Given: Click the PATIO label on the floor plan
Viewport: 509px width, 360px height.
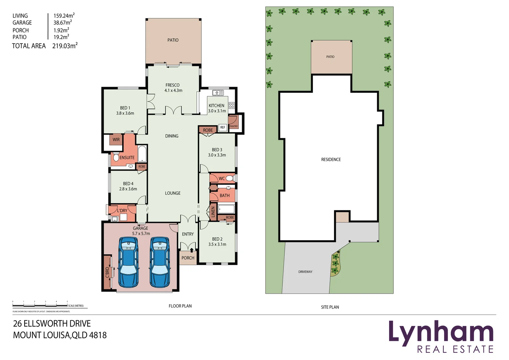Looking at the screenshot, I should click(x=173, y=40).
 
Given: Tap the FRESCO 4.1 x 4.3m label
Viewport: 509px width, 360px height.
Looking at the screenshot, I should click(x=173, y=88).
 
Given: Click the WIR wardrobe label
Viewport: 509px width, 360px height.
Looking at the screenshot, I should click(x=116, y=140).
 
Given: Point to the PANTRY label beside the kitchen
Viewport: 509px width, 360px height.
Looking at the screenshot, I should click(x=234, y=126).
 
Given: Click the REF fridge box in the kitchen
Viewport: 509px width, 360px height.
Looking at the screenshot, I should click(x=223, y=127).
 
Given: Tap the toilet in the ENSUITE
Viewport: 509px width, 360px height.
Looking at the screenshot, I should click(x=116, y=157).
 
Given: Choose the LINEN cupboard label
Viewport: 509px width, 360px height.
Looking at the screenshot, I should click(x=213, y=212).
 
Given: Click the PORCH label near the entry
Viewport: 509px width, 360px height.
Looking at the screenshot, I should click(x=188, y=258).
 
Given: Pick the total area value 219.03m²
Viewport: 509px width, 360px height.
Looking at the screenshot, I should click(x=65, y=46).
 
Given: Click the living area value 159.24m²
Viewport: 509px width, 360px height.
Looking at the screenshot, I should click(x=64, y=16).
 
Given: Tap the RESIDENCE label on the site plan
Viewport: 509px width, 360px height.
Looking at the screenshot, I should click(x=331, y=160).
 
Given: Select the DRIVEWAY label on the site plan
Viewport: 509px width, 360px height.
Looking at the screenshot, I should click(x=305, y=272).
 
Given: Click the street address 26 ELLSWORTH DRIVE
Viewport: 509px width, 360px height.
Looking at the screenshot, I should click(x=52, y=323).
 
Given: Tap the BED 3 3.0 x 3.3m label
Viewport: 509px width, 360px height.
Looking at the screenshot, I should click(x=217, y=152).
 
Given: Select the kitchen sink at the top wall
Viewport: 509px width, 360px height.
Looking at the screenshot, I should click(x=218, y=93).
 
